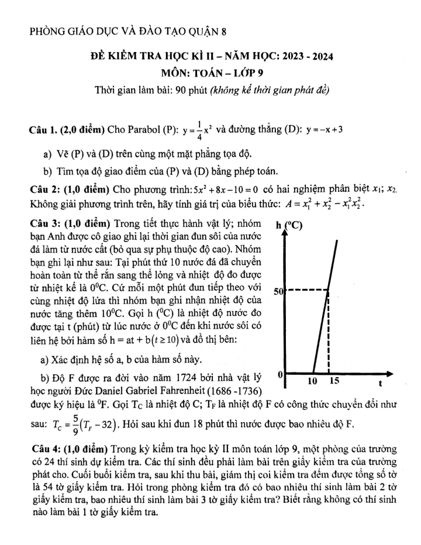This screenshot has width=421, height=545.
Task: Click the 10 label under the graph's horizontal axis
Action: coord(313,382)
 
